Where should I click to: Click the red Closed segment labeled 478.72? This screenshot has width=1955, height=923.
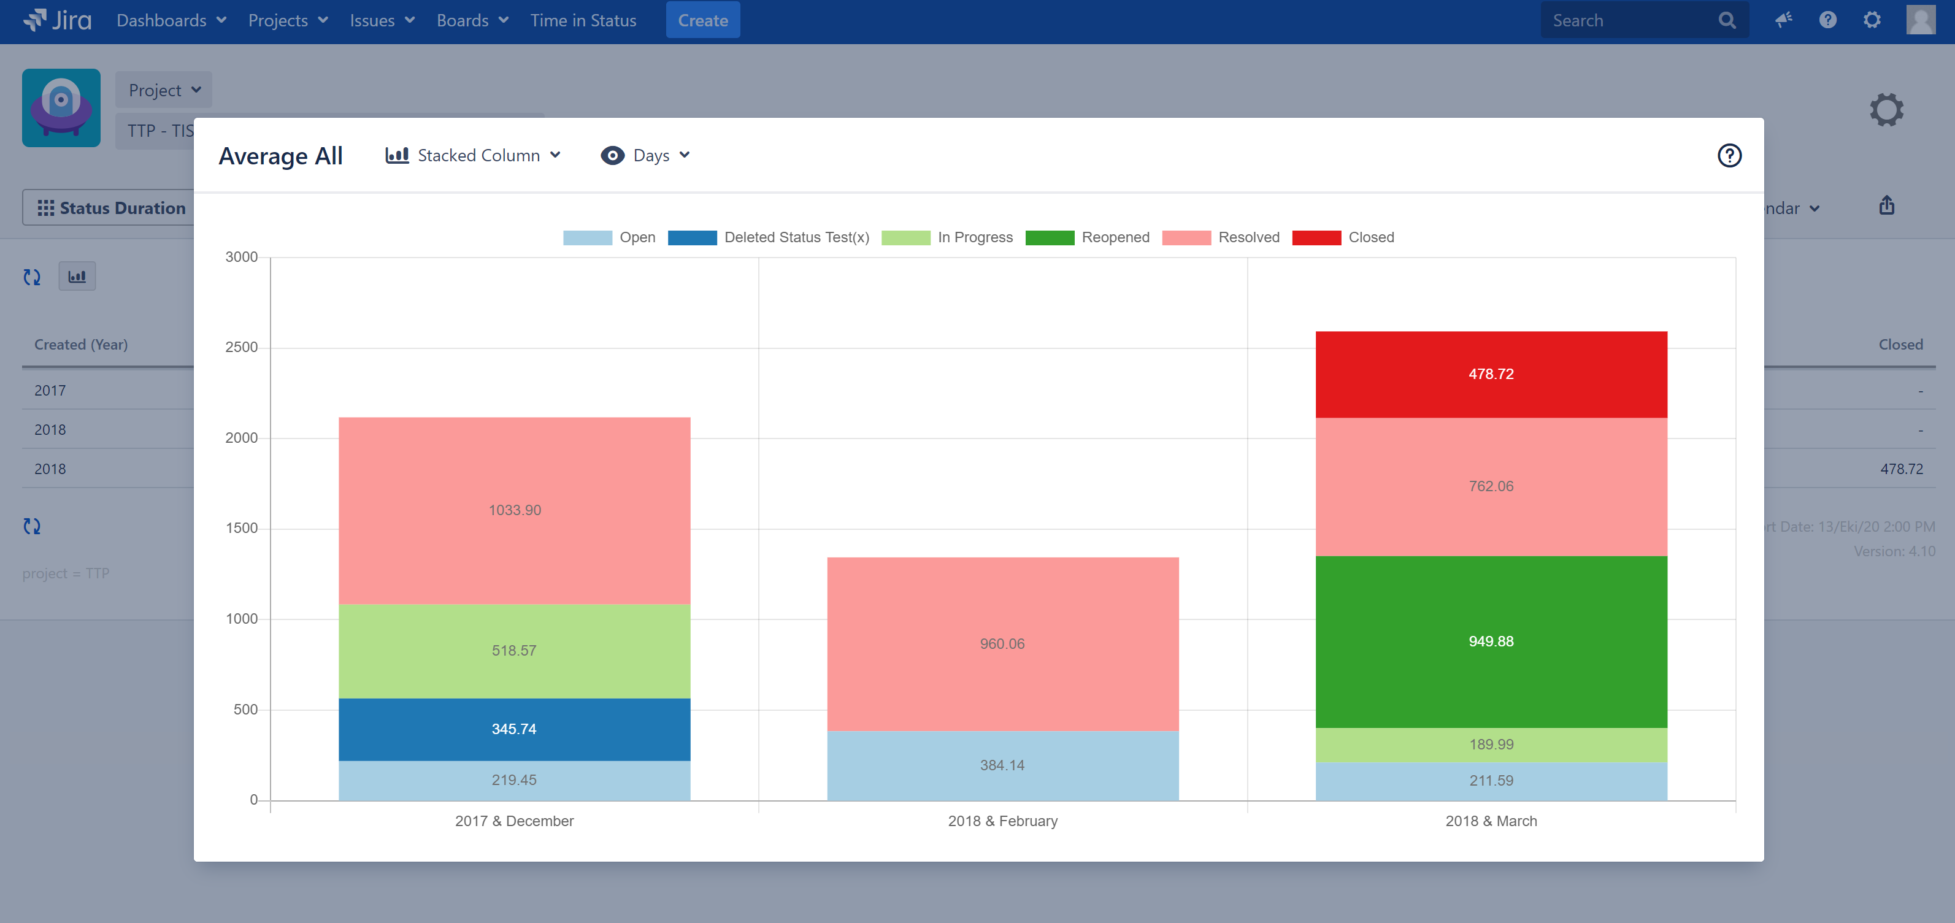pyautogui.click(x=1491, y=374)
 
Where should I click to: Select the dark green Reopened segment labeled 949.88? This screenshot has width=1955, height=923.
pyautogui.click(x=1491, y=642)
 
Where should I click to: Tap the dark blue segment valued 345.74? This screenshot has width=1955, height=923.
pyautogui.click(x=514, y=729)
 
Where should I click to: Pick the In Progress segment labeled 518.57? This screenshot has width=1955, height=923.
pyautogui.click(x=514, y=651)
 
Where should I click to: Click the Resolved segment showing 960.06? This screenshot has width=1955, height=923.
pyautogui.click(x=1002, y=644)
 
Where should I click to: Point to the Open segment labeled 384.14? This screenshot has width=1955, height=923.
pyautogui.click(x=1002, y=765)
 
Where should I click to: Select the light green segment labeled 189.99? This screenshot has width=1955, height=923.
pyautogui.click(x=1491, y=745)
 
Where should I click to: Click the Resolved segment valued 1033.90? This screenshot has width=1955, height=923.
pyautogui.click(x=514, y=510)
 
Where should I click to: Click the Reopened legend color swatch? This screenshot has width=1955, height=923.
pyautogui.click(x=1049, y=237)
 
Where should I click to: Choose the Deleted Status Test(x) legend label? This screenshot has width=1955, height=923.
pyautogui.click(x=796, y=237)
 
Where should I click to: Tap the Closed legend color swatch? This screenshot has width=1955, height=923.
pyautogui.click(x=1316, y=237)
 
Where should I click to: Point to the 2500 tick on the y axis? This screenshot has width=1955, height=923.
pyautogui.click(x=241, y=348)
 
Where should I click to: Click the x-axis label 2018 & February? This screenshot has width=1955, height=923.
pyautogui.click(x=1002, y=821)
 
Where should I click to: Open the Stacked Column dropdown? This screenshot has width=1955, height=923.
pyautogui.click(x=474, y=156)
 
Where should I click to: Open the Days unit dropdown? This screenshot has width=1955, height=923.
pyautogui.click(x=646, y=156)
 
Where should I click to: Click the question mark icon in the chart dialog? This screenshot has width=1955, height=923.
pyautogui.click(x=1729, y=156)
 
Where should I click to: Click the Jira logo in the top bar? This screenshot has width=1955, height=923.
pyautogui.click(x=58, y=20)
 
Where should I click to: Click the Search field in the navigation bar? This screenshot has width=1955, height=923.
pyautogui.click(x=1632, y=20)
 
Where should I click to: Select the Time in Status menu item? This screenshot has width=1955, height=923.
pyautogui.click(x=583, y=20)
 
